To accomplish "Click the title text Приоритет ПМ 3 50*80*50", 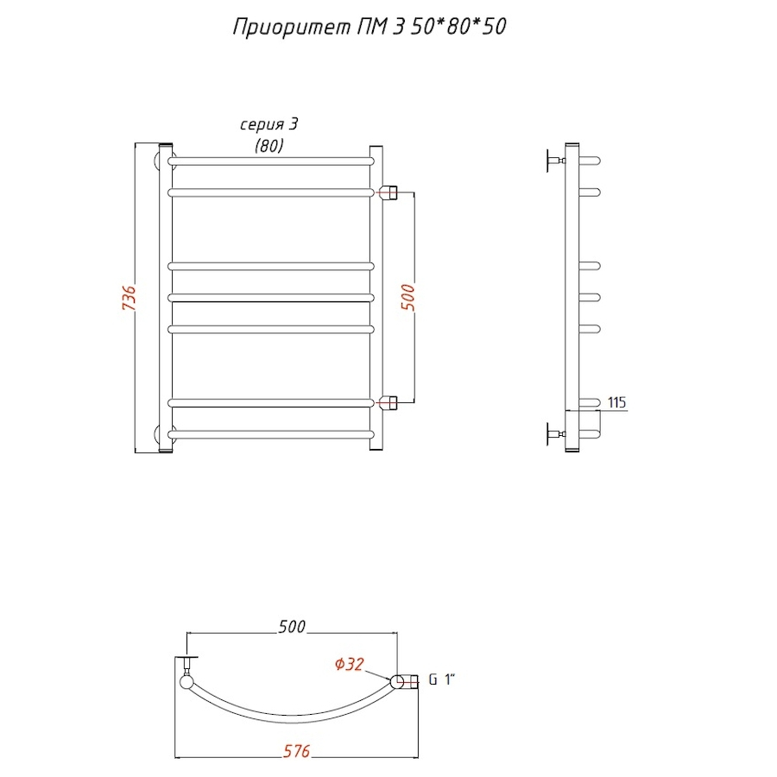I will pos(370,28).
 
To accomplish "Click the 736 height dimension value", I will pos(129,299).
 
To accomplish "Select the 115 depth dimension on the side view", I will pos(616,403).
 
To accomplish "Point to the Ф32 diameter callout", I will pos(348,664).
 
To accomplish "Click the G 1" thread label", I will pos(441,680).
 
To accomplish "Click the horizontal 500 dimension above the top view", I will pos(292,628).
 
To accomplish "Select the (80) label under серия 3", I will pos(269,146).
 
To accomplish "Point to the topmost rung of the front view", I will pos(271,161).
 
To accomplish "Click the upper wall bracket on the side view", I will pos(553,161).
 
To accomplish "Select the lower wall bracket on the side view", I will pos(553,434).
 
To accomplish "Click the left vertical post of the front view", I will pos(167,298).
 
